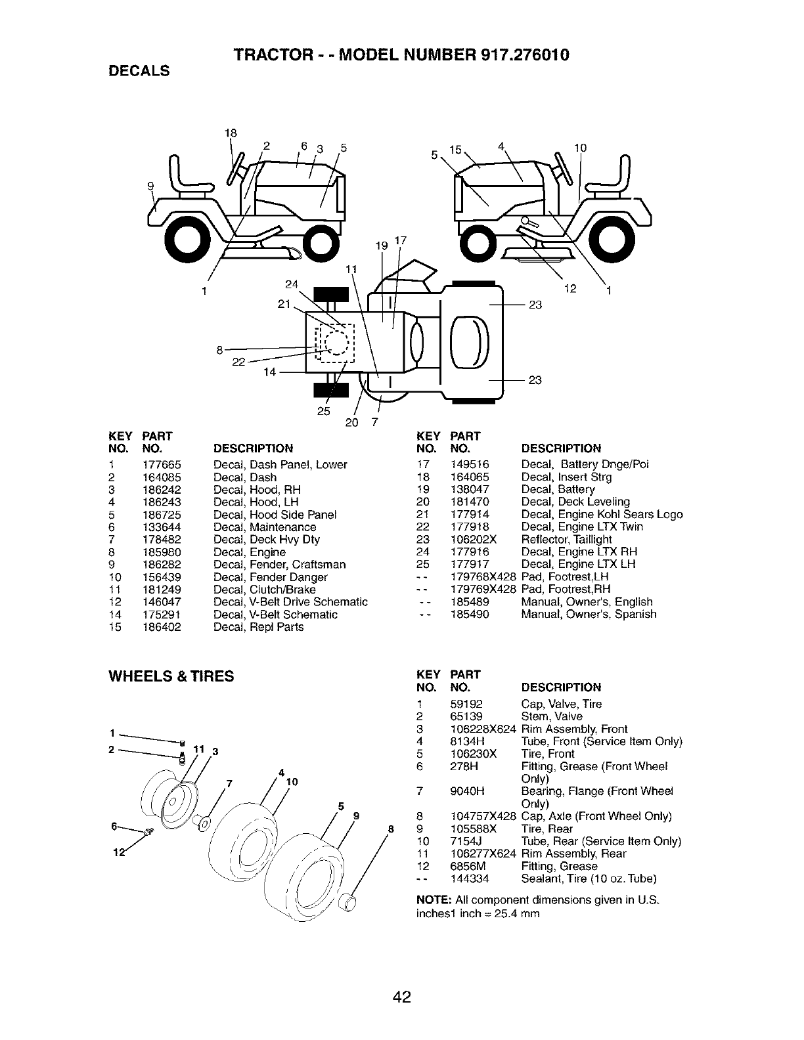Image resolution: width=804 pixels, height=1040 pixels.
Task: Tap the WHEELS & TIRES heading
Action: (x=171, y=676)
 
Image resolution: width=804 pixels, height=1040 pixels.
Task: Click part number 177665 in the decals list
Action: (x=162, y=465)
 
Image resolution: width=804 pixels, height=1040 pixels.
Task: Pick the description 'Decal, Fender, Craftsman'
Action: (x=279, y=565)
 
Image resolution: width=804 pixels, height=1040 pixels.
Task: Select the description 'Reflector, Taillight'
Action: (x=566, y=540)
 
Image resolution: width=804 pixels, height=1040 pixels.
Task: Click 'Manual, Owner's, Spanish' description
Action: (x=589, y=615)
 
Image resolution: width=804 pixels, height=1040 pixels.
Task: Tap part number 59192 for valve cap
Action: (x=466, y=704)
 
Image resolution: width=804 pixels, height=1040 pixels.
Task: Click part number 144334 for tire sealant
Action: (x=470, y=879)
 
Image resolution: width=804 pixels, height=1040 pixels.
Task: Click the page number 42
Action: (x=402, y=979)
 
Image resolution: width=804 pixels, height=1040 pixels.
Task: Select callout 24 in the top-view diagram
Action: (x=292, y=284)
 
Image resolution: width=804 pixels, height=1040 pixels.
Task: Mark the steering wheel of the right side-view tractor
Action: (x=561, y=165)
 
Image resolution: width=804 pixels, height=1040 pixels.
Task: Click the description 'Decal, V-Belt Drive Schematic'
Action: (x=290, y=602)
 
